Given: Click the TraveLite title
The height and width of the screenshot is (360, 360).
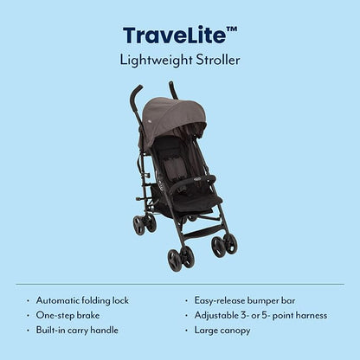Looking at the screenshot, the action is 180,35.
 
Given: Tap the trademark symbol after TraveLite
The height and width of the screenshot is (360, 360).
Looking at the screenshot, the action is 232,29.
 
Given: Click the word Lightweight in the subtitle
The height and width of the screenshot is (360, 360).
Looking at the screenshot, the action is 156,61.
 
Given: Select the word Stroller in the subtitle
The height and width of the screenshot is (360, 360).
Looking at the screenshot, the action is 218,60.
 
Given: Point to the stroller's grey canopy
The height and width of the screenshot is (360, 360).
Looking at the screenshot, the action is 173,119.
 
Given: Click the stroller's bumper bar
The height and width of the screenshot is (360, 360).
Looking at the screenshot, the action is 193,183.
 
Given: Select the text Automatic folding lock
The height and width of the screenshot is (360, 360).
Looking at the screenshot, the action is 82,300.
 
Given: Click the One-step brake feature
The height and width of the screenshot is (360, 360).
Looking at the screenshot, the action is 67,315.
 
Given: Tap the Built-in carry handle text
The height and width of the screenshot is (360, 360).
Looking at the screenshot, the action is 77,331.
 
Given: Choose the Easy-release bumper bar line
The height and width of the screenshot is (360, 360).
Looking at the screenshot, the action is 245,300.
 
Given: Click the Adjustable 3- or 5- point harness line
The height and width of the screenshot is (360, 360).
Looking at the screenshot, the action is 260,315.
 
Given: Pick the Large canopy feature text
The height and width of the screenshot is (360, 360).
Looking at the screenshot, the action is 222,331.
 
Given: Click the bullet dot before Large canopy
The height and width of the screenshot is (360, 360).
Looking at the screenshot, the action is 187,331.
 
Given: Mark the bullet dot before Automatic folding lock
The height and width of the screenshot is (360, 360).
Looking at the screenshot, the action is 28,301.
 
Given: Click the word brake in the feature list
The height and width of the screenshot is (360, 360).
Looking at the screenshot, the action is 87,315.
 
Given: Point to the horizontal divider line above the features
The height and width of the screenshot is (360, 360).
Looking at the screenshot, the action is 180,284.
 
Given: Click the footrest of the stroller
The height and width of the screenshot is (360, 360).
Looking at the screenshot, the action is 202,231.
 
